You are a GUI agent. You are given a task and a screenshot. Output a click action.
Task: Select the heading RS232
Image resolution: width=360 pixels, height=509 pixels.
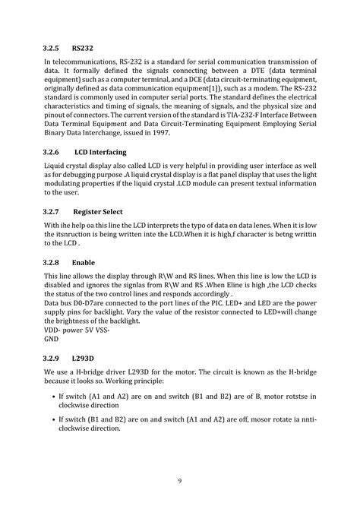tap(83, 47)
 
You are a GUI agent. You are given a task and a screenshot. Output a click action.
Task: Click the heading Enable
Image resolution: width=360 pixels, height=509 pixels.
tap(83, 261)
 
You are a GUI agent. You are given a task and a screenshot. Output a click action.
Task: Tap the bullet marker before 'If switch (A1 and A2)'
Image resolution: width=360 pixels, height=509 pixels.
tap(51, 397)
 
